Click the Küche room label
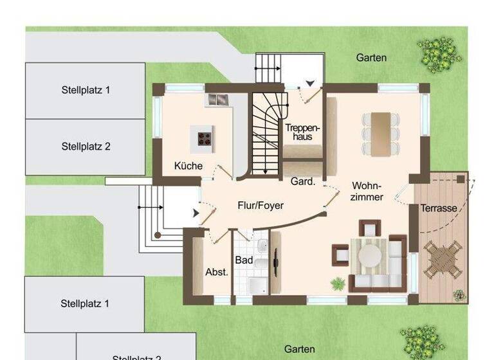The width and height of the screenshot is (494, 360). tap(188, 166)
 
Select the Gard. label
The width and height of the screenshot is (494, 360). tap(302, 182)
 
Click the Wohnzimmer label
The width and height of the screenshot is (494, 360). tap(368, 192)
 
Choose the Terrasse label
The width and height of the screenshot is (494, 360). tap(439, 208)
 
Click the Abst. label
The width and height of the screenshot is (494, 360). tap(217, 272)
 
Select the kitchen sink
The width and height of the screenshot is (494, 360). tap(217, 100)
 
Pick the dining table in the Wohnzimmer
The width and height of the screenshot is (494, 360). tap(380, 133)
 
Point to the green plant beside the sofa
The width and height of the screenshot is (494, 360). tap(337, 283)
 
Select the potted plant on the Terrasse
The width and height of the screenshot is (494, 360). tap(459, 295)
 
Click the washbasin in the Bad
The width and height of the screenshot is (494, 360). tap(262, 248)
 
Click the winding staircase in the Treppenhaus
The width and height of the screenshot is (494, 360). tap(265, 134)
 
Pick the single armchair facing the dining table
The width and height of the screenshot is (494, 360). tap(369, 228)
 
